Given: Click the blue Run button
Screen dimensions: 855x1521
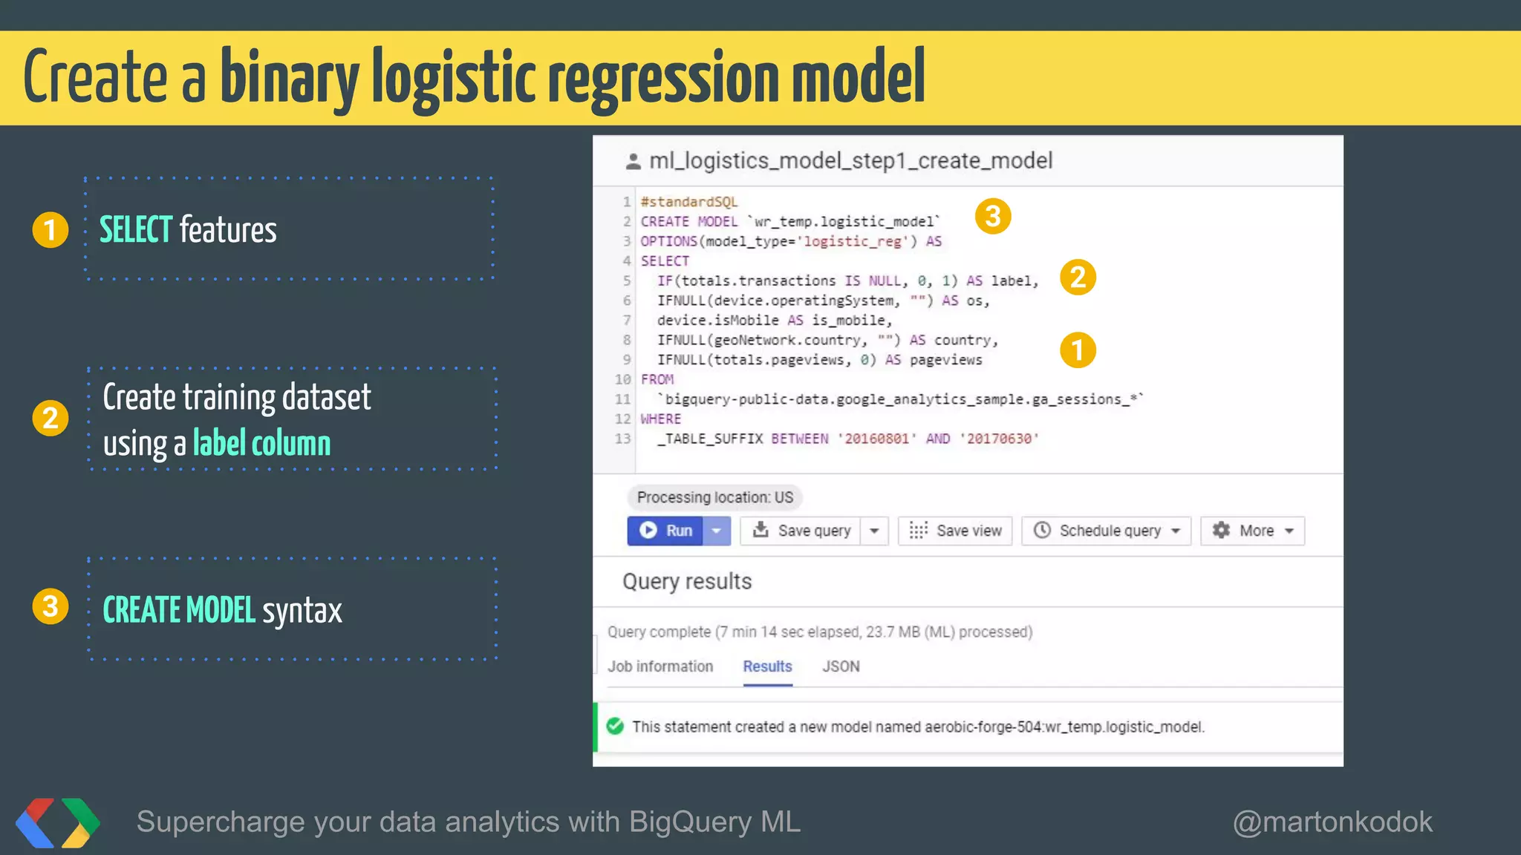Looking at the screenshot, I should click(x=665, y=531).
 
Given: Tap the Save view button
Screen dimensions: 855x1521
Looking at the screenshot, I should click(x=955, y=531).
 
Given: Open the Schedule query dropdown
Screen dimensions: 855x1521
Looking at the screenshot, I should click(x=1107, y=531).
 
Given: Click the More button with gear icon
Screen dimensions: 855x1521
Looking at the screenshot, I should click(x=1253, y=531).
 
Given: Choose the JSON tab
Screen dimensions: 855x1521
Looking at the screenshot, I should click(x=841, y=666).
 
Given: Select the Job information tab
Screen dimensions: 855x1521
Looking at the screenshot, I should click(x=660, y=666).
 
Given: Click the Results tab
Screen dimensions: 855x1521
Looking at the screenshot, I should click(x=767, y=666).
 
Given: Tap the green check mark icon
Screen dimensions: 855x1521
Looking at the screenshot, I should click(x=615, y=726).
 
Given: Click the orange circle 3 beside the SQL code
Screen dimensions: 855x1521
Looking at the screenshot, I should click(x=993, y=217).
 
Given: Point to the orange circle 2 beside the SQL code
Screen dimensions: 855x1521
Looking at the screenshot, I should click(x=1078, y=278).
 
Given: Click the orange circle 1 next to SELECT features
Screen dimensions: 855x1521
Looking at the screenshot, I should click(x=51, y=229).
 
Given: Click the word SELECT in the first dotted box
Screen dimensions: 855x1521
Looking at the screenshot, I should click(x=136, y=229).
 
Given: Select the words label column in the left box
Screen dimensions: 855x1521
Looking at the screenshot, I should click(x=261, y=443).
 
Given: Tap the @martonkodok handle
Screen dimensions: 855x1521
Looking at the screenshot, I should click(x=1332, y=822).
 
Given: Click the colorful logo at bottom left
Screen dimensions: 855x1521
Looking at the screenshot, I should click(x=58, y=822).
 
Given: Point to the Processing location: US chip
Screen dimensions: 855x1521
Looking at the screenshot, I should click(x=714, y=497).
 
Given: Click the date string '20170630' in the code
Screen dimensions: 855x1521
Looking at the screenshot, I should click(x=999, y=439).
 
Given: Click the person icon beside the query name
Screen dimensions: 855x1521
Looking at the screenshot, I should click(x=634, y=161).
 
